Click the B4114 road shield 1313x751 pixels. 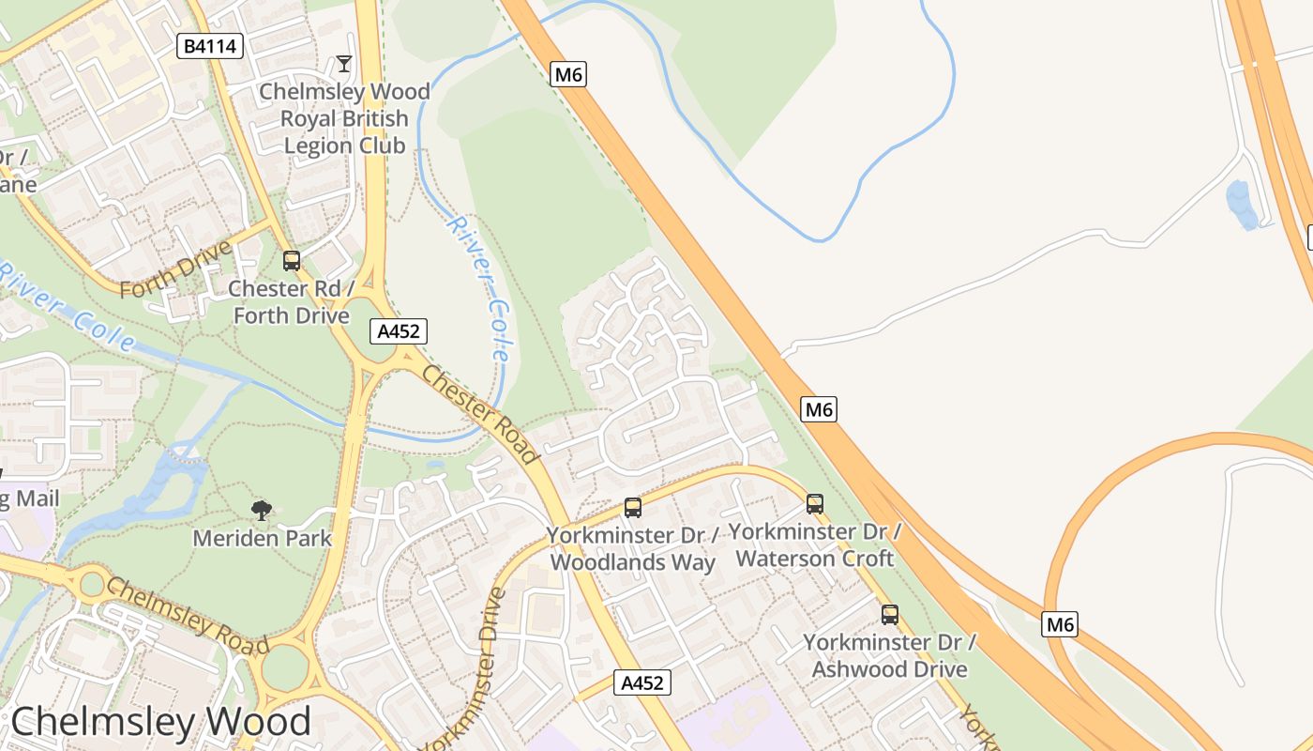210,46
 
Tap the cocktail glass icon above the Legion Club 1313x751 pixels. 344,64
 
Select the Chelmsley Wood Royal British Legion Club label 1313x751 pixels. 344,118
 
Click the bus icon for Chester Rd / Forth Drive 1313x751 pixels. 292,261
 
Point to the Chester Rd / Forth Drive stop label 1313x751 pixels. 291,301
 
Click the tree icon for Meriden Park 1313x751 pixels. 262,511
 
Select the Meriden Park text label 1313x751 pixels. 262,538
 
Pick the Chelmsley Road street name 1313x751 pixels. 188,616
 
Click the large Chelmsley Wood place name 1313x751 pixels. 160,721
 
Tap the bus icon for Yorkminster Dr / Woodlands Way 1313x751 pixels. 633,508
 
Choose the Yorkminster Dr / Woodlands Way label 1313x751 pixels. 632,548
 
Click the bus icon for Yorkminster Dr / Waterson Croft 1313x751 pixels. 815,504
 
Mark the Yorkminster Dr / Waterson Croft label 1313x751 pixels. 814,544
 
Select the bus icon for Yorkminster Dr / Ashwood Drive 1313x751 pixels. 890,615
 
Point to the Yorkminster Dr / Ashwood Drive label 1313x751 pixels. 889,655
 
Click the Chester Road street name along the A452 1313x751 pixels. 481,414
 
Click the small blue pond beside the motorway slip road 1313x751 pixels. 1242,204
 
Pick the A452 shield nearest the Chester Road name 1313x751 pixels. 399,330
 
